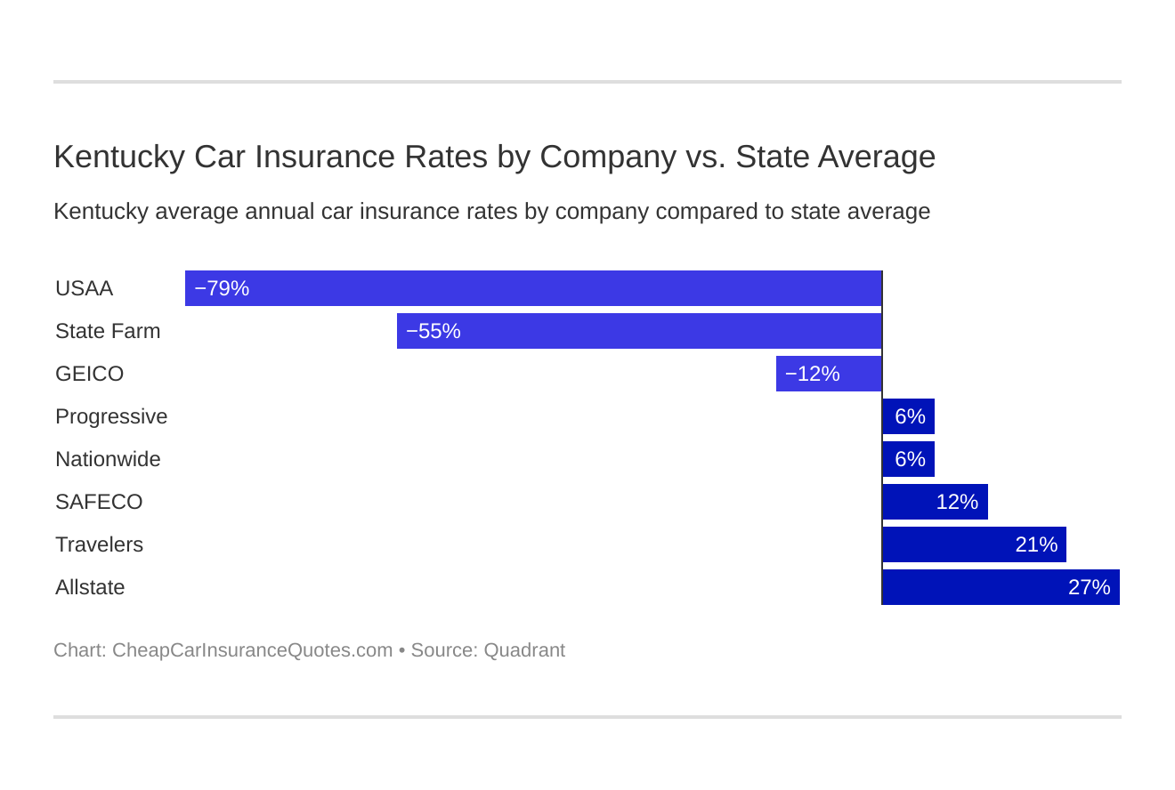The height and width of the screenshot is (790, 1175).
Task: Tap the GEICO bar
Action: [x=829, y=374]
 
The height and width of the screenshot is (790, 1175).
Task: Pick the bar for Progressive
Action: [x=908, y=416]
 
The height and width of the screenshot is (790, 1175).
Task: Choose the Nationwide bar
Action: [x=908, y=459]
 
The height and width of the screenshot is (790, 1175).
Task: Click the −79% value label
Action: [x=222, y=288]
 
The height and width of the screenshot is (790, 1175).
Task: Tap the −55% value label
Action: [x=434, y=331]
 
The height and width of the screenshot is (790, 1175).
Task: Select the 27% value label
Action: [x=1090, y=587]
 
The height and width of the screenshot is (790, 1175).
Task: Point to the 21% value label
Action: [x=1036, y=544]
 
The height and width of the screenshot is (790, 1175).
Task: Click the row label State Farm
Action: [x=108, y=331]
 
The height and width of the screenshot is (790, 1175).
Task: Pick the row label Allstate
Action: [x=90, y=587]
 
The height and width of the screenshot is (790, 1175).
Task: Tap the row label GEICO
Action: [x=89, y=374]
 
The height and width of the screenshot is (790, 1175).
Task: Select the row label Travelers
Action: [x=99, y=544]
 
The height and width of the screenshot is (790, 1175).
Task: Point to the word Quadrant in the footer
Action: [x=524, y=650]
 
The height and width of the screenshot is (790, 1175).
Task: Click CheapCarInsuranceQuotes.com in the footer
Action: [x=252, y=650]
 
